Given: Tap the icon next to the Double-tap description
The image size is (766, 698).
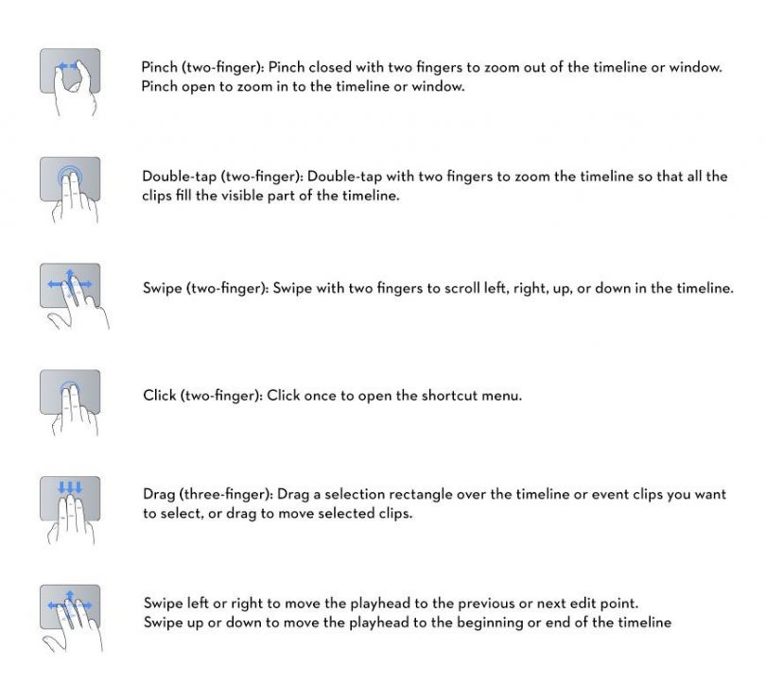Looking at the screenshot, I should [70, 183].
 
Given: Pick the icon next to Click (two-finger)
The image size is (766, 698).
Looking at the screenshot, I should [70, 395].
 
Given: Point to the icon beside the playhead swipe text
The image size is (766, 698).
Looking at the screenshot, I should [70, 609].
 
